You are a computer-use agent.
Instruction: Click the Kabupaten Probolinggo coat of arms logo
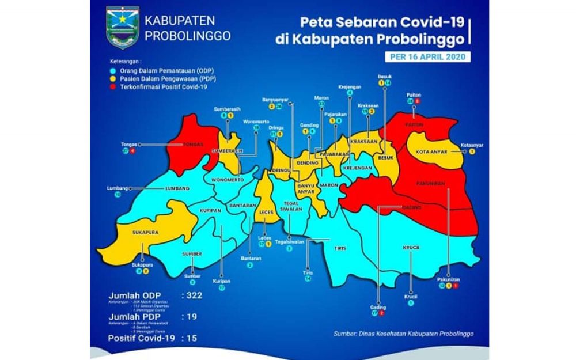(x=123, y=28)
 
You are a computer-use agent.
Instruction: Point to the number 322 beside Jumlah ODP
(x=192, y=295)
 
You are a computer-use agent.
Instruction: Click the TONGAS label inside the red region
(x=192, y=145)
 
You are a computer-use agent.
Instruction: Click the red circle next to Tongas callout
(x=133, y=151)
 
